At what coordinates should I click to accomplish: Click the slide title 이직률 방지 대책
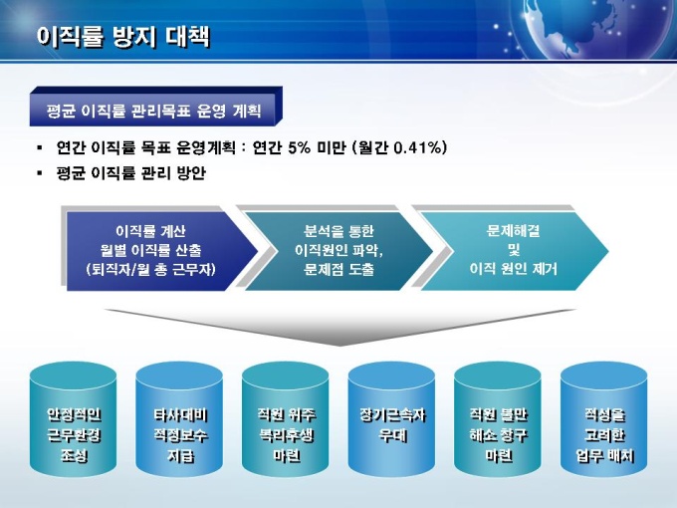point(122,36)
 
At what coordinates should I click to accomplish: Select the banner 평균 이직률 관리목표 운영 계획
point(156,107)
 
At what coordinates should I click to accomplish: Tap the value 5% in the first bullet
point(299,147)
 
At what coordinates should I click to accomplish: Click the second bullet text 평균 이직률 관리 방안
point(131,173)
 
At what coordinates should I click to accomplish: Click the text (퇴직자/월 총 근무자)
point(150,270)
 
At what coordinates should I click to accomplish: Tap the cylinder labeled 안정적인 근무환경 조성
point(74,419)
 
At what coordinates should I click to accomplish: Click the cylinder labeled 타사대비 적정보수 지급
point(179,419)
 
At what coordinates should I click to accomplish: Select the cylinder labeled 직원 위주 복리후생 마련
point(286,419)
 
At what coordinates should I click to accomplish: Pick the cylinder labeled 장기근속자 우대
point(392,419)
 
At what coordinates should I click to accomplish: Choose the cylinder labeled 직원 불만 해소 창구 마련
point(498,419)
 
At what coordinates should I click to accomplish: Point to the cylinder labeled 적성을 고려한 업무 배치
point(604,419)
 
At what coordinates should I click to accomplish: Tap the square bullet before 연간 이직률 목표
point(40,148)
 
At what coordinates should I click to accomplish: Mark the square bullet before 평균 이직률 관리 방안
point(40,173)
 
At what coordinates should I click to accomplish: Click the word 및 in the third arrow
point(514,250)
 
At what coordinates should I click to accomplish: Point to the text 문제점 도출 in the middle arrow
point(338,270)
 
